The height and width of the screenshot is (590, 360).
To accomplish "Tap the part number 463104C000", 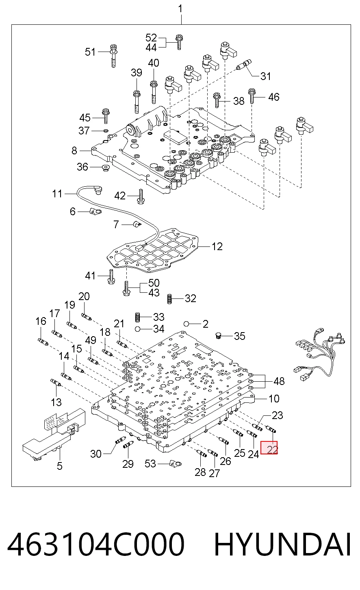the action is point(95,544).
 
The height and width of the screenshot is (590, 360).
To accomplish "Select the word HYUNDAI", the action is point(282,544).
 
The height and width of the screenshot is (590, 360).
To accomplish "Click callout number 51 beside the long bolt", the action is point(90,52).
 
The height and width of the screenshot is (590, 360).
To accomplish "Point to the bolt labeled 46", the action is point(252,97).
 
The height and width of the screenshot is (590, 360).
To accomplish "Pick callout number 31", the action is point(266,76).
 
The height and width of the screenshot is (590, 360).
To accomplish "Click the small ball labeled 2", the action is point(187,324).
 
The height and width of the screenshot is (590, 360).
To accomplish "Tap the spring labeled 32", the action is point(169,299).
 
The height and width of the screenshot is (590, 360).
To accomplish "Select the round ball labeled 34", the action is point(137,329).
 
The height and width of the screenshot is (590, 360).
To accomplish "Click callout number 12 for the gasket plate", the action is point(217,246).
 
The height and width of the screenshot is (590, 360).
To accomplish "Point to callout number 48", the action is point(279,381).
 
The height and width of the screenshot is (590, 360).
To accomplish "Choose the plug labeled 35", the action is point(218,336).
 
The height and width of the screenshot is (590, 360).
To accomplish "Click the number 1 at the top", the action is point(180,9).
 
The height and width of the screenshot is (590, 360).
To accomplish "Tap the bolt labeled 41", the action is point(111,277).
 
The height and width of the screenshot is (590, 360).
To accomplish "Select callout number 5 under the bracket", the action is point(60,466).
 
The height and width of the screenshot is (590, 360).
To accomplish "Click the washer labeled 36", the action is point(106,168).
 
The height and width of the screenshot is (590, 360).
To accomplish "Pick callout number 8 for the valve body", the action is point(74,150).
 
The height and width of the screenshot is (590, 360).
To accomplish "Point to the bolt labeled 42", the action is point(140,197).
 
